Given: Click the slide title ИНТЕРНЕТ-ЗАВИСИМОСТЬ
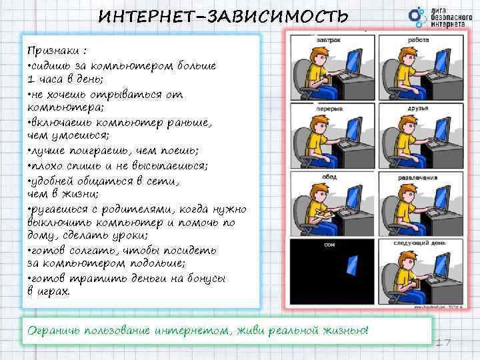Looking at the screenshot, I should (223, 15).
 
